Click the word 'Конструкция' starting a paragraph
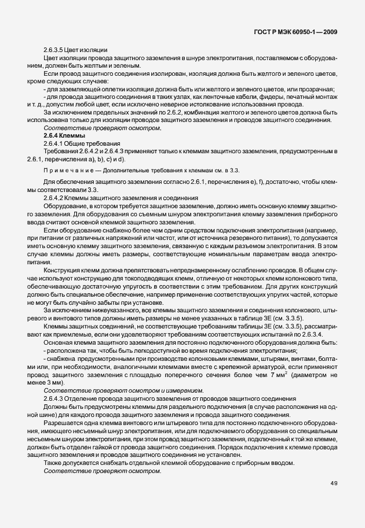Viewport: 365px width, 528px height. (61, 270)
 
